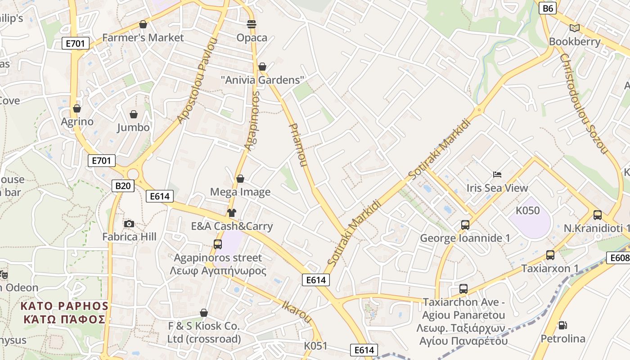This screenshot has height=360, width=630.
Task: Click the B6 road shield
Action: (x=548, y=8)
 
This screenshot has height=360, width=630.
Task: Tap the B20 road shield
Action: (x=123, y=185)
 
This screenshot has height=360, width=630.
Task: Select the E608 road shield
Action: (x=619, y=258)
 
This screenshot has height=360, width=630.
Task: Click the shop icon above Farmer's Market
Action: (x=143, y=24)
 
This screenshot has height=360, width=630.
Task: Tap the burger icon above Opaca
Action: (x=252, y=24)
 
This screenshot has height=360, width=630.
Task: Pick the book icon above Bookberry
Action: (x=574, y=28)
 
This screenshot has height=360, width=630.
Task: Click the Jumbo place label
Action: (x=133, y=127)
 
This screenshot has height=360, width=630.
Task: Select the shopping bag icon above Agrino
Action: (x=77, y=108)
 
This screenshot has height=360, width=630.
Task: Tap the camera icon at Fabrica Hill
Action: (x=129, y=224)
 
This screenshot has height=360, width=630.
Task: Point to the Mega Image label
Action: (x=240, y=192)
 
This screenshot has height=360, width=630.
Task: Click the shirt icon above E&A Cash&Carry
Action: (x=232, y=213)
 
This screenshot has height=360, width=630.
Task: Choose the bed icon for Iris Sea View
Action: (x=497, y=175)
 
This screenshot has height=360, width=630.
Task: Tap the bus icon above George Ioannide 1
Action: (x=465, y=225)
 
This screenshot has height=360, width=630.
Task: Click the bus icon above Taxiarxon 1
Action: (x=550, y=255)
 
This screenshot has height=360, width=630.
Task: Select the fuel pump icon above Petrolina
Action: (x=562, y=325)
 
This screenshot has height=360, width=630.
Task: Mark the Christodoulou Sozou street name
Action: (x=584, y=103)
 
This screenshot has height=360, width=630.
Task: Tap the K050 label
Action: (x=527, y=210)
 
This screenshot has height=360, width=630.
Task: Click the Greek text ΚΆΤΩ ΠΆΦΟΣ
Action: (x=64, y=319)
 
